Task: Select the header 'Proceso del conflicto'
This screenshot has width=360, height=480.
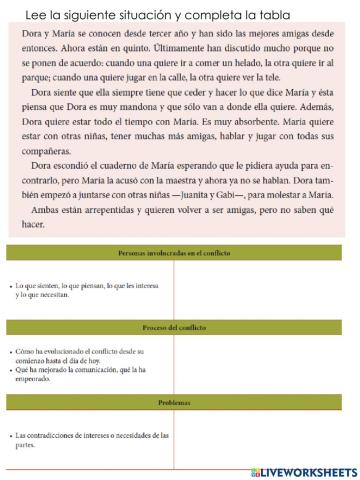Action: point(180,329)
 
